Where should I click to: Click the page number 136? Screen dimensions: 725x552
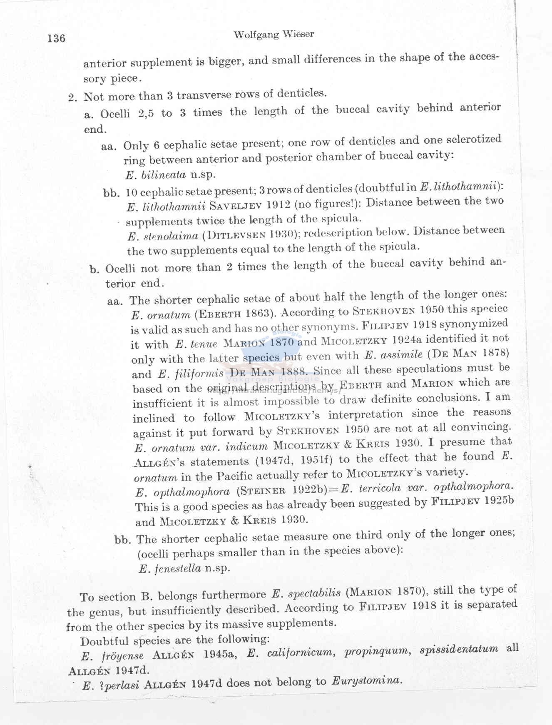(56, 38)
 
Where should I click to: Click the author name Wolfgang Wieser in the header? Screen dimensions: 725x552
(274, 35)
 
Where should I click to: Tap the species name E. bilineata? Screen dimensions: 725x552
(156, 175)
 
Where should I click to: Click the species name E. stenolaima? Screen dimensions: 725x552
(163, 237)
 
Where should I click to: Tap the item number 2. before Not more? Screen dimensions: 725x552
(73, 97)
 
